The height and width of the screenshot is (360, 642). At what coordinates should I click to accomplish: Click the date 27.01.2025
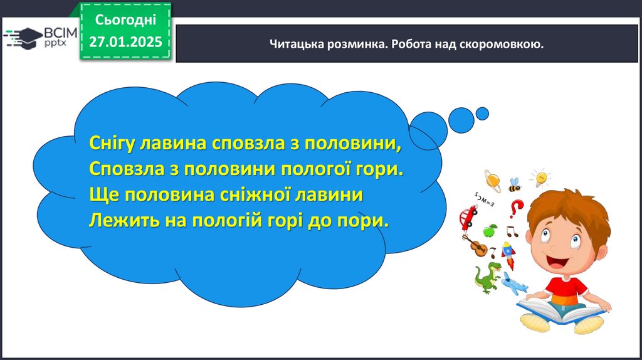125,42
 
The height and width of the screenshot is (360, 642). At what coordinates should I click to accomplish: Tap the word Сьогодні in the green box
125,19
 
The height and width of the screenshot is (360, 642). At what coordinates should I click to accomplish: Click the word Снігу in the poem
112,144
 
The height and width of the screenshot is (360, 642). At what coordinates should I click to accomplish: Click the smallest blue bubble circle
482,114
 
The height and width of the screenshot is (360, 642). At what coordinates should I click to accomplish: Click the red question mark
517,208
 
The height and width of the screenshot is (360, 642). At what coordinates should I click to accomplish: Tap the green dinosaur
488,278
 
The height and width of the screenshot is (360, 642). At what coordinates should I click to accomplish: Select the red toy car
468,216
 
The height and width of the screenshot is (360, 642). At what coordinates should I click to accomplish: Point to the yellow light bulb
540,178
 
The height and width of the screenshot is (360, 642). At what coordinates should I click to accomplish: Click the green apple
489,231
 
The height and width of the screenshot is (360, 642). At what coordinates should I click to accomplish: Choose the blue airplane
515,283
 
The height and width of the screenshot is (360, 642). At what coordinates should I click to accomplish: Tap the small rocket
508,255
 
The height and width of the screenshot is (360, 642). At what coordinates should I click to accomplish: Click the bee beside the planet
515,185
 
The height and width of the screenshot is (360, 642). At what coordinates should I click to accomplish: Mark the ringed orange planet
492,181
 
